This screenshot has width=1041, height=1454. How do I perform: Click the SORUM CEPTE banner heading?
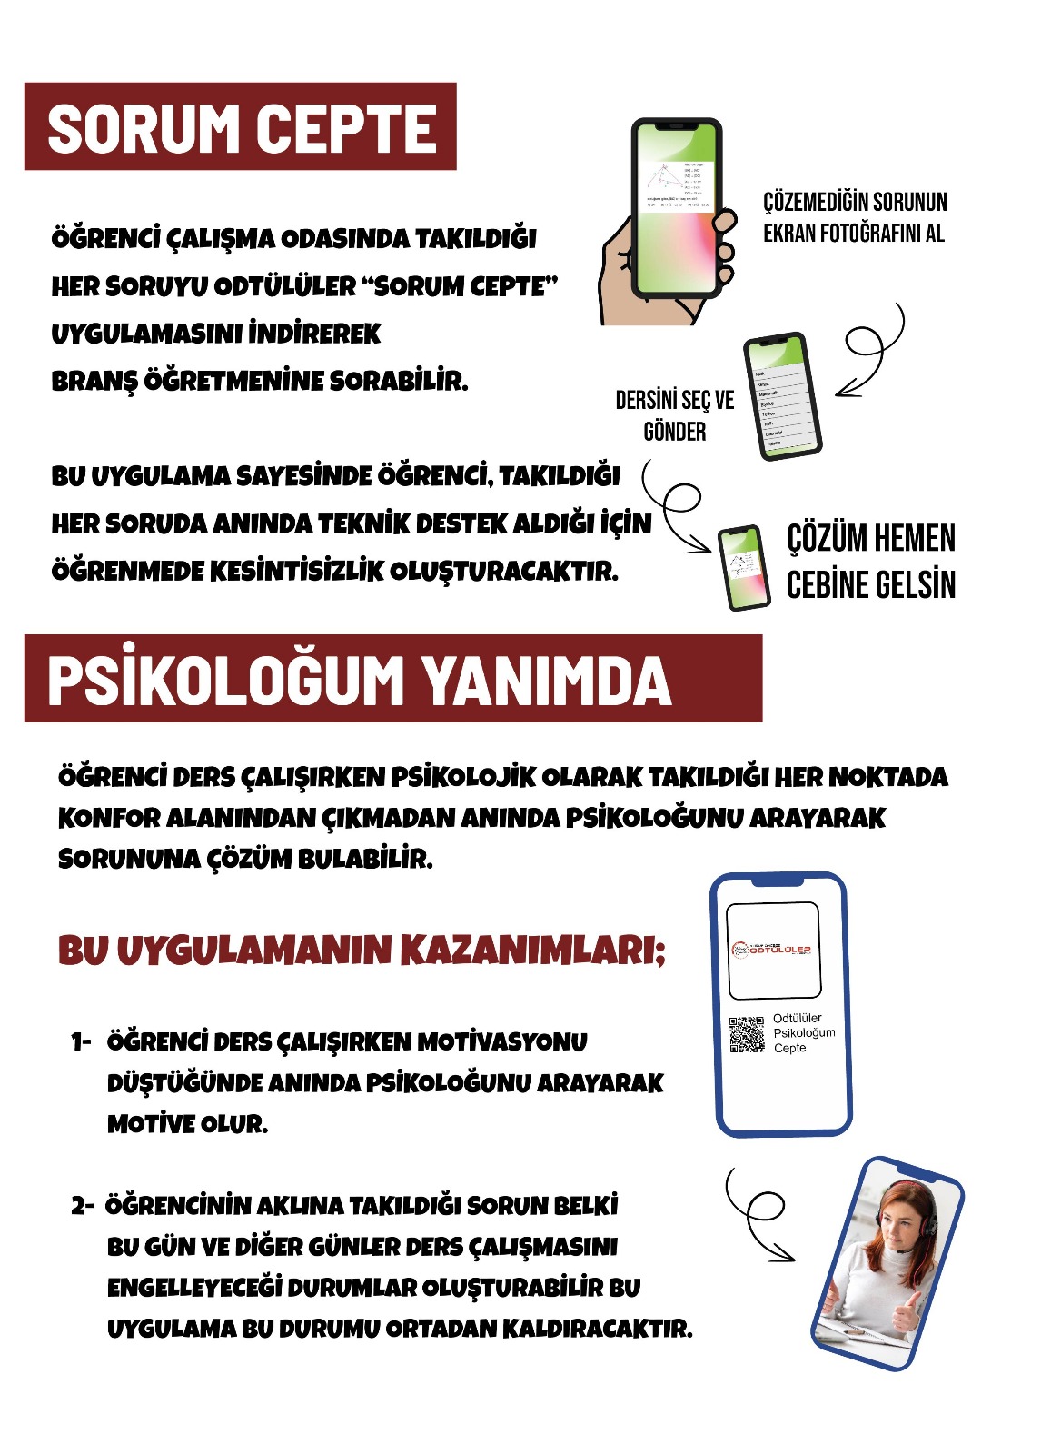(x=241, y=127)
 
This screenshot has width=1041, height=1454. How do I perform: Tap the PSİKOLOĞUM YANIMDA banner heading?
(x=359, y=681)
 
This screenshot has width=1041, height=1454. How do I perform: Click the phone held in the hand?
(x=676, y=208)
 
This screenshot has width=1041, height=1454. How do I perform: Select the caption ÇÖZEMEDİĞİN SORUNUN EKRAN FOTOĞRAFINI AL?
(x=854, y=217)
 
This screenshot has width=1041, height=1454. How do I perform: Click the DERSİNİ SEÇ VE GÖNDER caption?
(x=674, y=415)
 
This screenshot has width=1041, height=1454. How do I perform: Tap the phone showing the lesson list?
(x=782, y=397)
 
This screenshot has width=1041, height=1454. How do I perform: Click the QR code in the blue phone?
(x=747, y=1034)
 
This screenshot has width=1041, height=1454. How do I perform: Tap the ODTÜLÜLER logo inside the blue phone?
(x=773, y=951)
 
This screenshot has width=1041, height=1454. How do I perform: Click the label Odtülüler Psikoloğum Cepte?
(x=803, y=1033)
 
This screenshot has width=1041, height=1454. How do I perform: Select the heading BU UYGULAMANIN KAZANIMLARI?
(x=362, y=951)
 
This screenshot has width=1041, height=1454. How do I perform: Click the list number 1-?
(x=82, y=1042)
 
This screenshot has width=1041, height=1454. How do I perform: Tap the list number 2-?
(x=82, y=1206)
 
